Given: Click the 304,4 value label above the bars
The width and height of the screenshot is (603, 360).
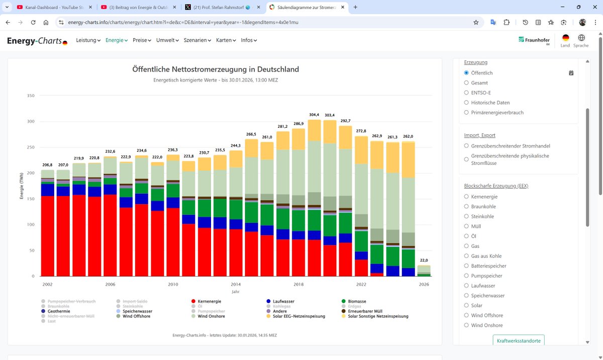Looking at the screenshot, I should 314,115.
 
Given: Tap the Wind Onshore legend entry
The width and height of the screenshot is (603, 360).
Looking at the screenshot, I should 211,316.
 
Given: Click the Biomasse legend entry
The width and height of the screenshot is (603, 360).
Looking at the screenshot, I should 357,301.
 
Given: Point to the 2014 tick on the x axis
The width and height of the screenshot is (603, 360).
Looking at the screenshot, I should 236,284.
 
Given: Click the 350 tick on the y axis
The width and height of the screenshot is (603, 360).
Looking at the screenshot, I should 31,96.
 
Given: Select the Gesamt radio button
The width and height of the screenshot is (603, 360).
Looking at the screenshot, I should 466,83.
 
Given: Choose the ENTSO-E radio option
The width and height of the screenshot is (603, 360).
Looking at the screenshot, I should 466,93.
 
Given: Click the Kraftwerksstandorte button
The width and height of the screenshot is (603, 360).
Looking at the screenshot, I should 518,340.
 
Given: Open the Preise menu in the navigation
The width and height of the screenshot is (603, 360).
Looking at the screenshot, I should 142,40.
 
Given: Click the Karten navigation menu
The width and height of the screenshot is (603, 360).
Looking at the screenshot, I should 226,40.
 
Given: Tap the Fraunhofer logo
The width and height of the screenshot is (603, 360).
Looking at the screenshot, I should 534,40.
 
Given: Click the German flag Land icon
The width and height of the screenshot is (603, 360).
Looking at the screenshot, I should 565,38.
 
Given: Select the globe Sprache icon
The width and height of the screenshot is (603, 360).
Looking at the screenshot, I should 581,38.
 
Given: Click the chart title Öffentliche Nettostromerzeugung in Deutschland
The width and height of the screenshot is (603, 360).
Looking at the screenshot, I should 216,69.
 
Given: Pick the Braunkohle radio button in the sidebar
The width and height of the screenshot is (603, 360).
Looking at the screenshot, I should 466,207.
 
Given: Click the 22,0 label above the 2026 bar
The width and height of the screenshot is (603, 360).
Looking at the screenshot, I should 424,260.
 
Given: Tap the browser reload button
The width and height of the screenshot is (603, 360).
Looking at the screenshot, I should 33,22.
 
